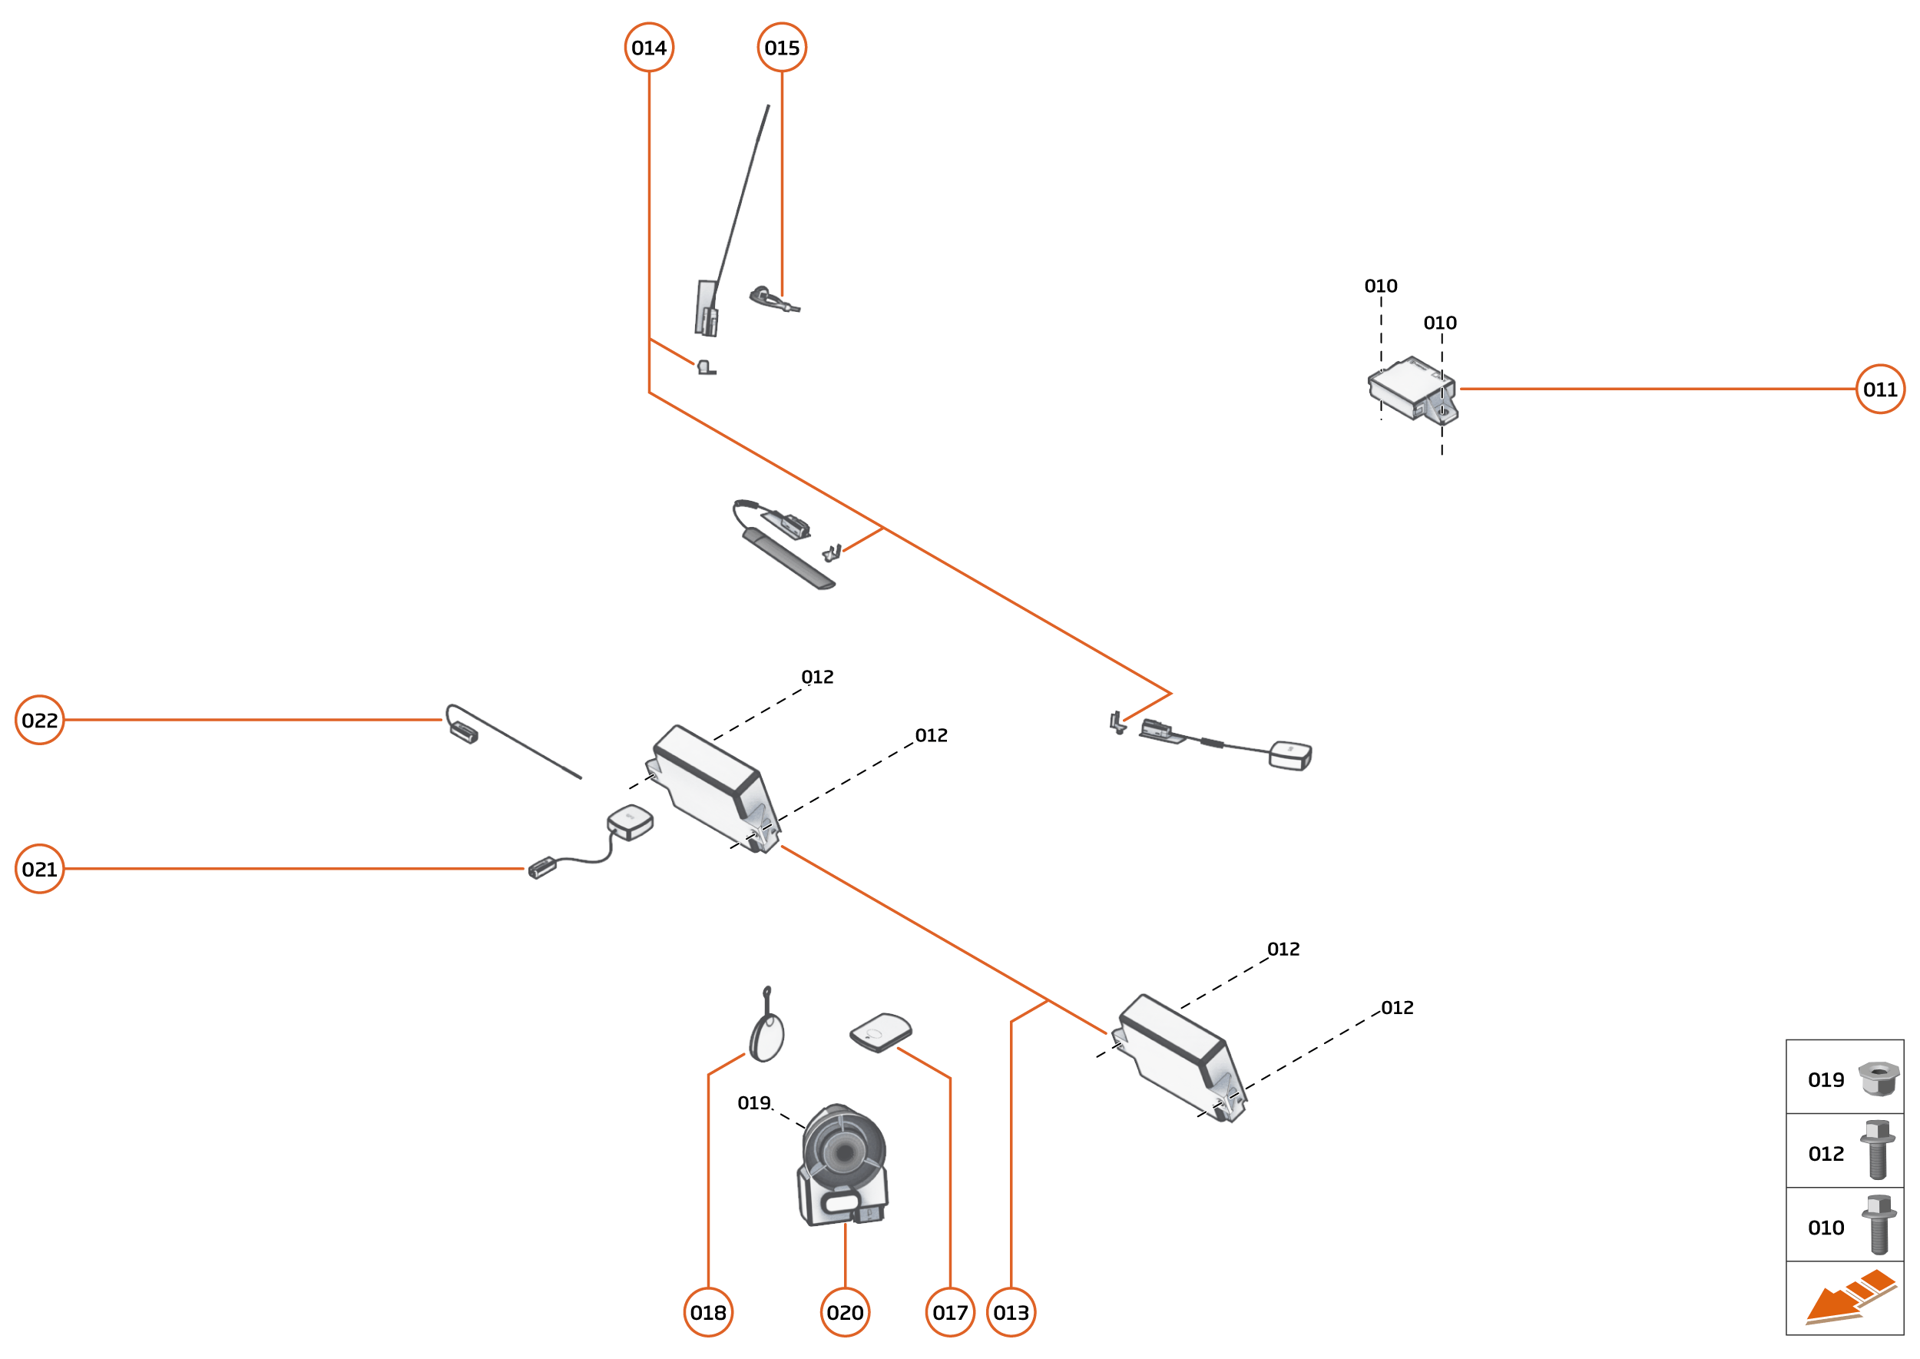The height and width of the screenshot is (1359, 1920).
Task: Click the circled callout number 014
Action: click(648, 48)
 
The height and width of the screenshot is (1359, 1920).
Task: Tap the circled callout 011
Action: click(1880, 389)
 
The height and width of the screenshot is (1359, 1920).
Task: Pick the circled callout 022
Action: click(39, 720)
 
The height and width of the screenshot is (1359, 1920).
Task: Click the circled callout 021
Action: click(39, 869)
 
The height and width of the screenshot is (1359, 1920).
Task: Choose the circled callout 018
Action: click(708, 1312)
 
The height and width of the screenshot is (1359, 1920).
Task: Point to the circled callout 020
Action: click(845, 1312)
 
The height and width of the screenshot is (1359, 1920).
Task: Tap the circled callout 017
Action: click(949, 1312)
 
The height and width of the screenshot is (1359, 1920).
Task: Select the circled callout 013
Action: click(1011, 1312)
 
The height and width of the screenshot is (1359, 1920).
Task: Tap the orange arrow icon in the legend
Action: click(1849, 1299)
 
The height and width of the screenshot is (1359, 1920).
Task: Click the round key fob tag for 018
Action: click(766, 1036)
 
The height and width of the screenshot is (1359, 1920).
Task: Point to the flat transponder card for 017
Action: click(880, 1032)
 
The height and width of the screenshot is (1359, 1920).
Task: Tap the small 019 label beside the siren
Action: click(753, 1103)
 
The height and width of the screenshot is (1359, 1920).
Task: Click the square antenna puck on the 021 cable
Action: click(630, 821)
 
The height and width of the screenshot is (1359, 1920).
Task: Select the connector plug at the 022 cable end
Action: click(463, 733)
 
